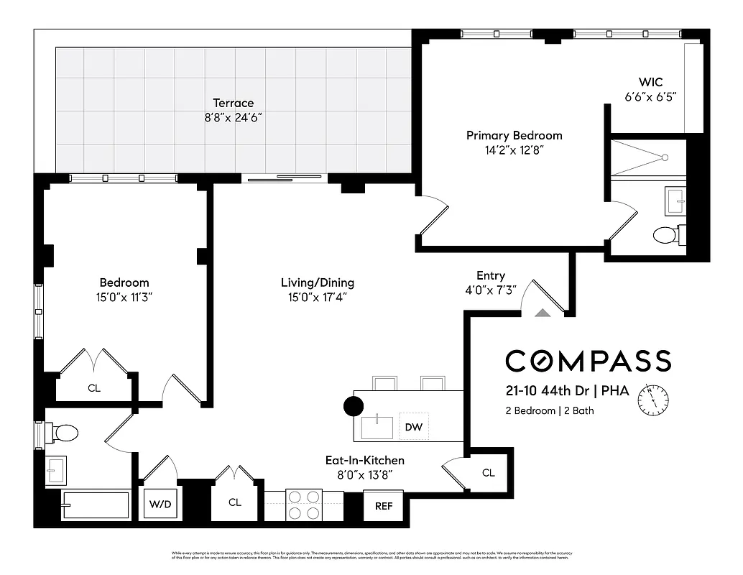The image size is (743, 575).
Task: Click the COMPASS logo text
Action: point(588,360)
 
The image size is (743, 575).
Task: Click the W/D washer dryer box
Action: point(160,503)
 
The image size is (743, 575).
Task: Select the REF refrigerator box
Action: point(384,505)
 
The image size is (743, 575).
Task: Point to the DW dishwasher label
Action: point(413,427)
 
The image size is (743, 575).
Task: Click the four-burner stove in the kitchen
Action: point(304,504)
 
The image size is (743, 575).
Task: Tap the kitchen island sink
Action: point(377,426)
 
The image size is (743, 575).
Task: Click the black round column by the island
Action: point(354,406)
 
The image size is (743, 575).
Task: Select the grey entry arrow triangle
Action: point(543,312)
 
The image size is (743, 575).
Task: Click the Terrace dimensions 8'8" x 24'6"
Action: point(233,118)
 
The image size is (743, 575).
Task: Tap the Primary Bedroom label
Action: point(514,135)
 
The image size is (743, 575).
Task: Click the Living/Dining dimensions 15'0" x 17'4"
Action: point(317,297)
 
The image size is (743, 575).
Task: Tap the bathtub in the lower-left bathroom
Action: point(95,505)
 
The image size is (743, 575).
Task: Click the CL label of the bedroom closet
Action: point(94,388)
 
